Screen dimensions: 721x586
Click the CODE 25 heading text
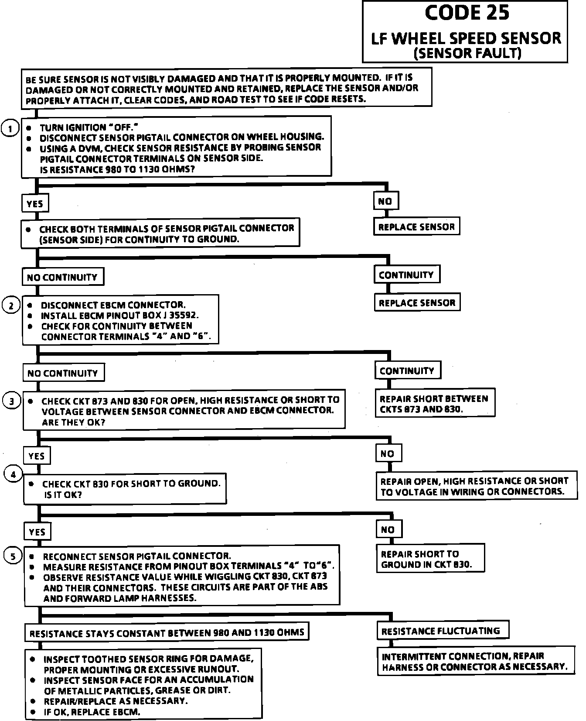467,13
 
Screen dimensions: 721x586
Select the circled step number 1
10,128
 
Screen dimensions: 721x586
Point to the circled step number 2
11,306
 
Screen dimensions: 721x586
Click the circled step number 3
12,401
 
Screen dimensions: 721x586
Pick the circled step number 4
13,474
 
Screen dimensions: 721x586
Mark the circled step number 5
13,556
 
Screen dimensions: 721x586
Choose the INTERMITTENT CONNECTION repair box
474,662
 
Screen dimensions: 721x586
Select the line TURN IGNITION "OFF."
89,127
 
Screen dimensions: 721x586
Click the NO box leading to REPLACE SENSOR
385,201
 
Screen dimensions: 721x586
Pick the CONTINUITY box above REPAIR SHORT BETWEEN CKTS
407,371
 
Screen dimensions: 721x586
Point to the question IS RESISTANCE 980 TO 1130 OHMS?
117,169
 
